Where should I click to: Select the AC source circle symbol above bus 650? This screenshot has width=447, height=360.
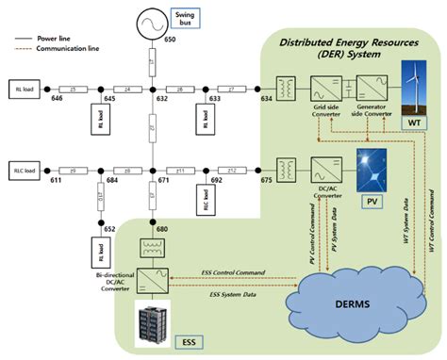click(150, 21)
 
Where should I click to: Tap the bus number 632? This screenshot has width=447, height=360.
click(162, 97)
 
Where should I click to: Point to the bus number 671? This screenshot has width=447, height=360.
click(162, 178)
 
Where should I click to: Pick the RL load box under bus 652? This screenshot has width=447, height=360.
click(101, 252)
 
